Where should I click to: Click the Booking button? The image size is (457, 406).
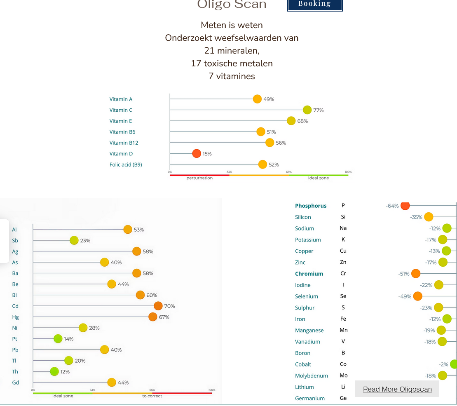pyautogui.click(x=315, y=4)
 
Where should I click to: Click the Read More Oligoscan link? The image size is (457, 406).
pyautogui.click(x=397, y=389)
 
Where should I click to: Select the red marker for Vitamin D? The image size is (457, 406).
pyautogui.click(x=197, y=153)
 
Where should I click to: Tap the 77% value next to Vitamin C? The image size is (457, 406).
pyautogui.click(x=318, y=110)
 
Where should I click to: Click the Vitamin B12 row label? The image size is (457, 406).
pyautogui.click(x=124, y=143)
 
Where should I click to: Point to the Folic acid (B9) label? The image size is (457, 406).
pyautogui.click(x=126, y=164)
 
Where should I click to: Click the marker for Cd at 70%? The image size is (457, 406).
pyautogui.click(x=158, y=306)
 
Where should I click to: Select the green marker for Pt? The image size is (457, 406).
pyautogui.click(x=58, y=339)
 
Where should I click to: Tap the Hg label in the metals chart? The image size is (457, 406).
pyautogui.click(x=15, y=317)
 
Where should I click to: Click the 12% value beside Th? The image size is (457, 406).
pyautogui.click(x=65, y=371)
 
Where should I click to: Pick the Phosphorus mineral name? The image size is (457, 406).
pyautogui.click(x=311, y=206)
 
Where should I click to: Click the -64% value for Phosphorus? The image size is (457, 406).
pyautogui.click(x=392, y=206)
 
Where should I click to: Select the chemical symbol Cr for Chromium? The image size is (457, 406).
pyautogui.click(x=343, y=273)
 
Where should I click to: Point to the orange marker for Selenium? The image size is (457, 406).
pyautogui.click(x=417, y=296)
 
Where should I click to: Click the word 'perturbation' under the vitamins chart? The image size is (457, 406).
pyautogui.click(x=199, y=178)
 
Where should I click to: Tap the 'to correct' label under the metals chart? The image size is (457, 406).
pyautogui.click(x=152, y=396)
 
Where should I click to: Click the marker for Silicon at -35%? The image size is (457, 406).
pyautogui.click(x=429, y=217)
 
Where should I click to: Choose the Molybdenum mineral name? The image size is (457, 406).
pyautogui.click(x=312, y=375)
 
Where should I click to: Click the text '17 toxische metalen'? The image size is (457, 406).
pyautogui.click(x=232, y=63)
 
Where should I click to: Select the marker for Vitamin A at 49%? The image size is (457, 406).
pyautogui.click(x=257, y=99)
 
